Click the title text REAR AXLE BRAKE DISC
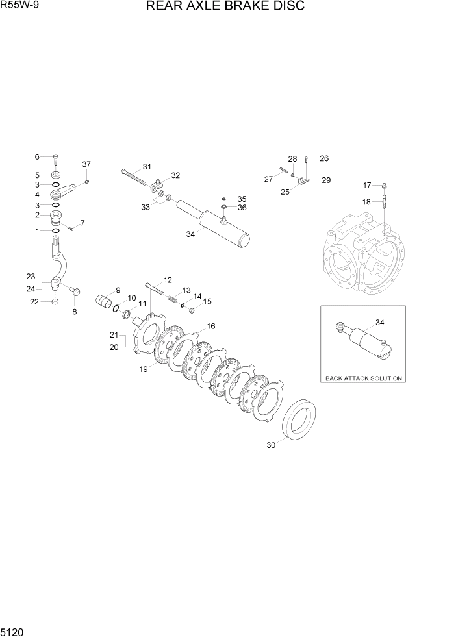(225, 8)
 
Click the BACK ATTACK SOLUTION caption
(364, 378)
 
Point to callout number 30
(272, 445)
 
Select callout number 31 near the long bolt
(146, 166)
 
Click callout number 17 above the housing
(366, 185)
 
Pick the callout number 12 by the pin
(168, 280)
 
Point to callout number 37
(86, 164)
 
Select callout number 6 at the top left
(37, 156)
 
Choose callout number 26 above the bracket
(324, 158)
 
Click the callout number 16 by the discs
(210, 326)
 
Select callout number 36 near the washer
(242, 208)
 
